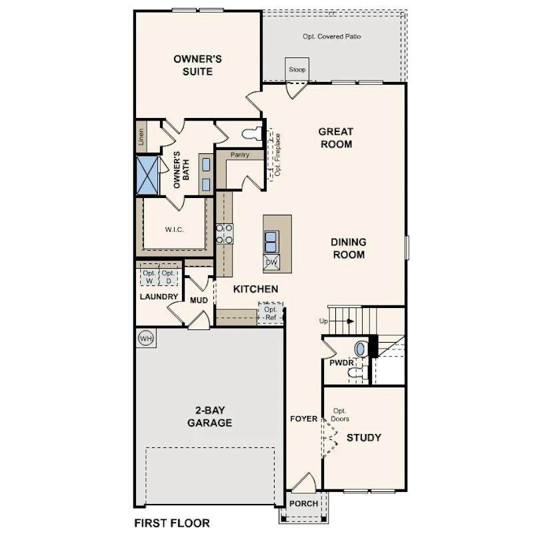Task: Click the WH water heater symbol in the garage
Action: (x=146, y=339)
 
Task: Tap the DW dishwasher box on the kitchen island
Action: (x=271, y=263)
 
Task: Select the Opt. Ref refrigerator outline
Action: (x=271, y=313)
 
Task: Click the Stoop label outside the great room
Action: (x=297, y=69)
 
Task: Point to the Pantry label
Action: (x=240, y=155)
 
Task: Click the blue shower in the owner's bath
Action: (x=148, y=175)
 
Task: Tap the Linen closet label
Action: (x=141, y=137)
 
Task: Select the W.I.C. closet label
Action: (x=174, y=229)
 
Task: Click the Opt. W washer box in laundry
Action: (x=149, y=277)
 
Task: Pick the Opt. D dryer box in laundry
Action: (x=169, y=277)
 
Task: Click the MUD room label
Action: (x=199, y=300)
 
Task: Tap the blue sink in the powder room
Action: (x=360, y=349)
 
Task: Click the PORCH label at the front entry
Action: (x=303, y=503)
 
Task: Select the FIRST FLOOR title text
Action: (x=172, y=523)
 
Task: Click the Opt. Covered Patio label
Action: (x=331, y=36)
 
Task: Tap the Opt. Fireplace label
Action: (x=278, y=155)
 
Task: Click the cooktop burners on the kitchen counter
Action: (x=224, y=233)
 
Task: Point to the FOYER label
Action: (x=303, y=419)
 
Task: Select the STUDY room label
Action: (x=364, y=437)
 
